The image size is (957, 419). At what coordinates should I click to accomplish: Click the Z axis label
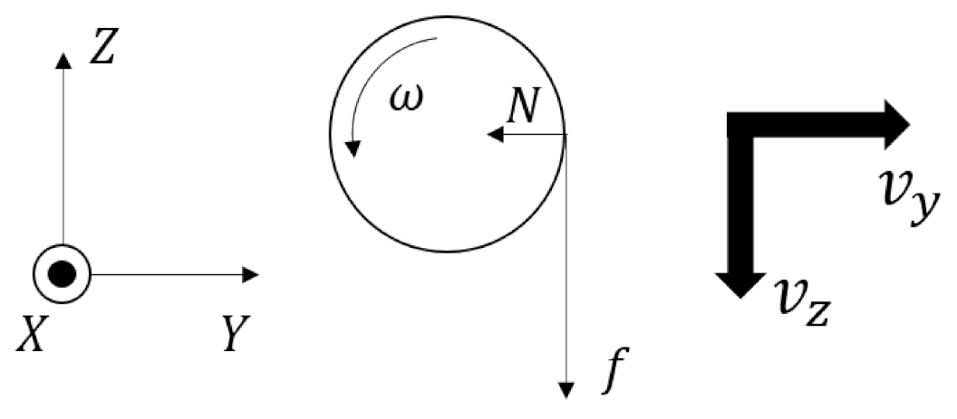click(101, 51)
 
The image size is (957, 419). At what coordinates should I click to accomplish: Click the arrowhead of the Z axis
click(63, 60)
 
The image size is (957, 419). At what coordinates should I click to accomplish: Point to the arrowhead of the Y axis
click(253, 274)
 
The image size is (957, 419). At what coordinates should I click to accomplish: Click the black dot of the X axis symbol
click(63, 274)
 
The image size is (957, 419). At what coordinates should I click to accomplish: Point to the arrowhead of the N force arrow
click(494, 135)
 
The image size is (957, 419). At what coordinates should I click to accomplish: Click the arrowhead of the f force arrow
click(566, 390)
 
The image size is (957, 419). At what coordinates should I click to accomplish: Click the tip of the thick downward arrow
click(741, 294)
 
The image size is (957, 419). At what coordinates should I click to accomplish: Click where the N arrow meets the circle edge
click(566, 135)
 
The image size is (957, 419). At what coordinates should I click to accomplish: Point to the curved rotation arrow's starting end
click(438, 39)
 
